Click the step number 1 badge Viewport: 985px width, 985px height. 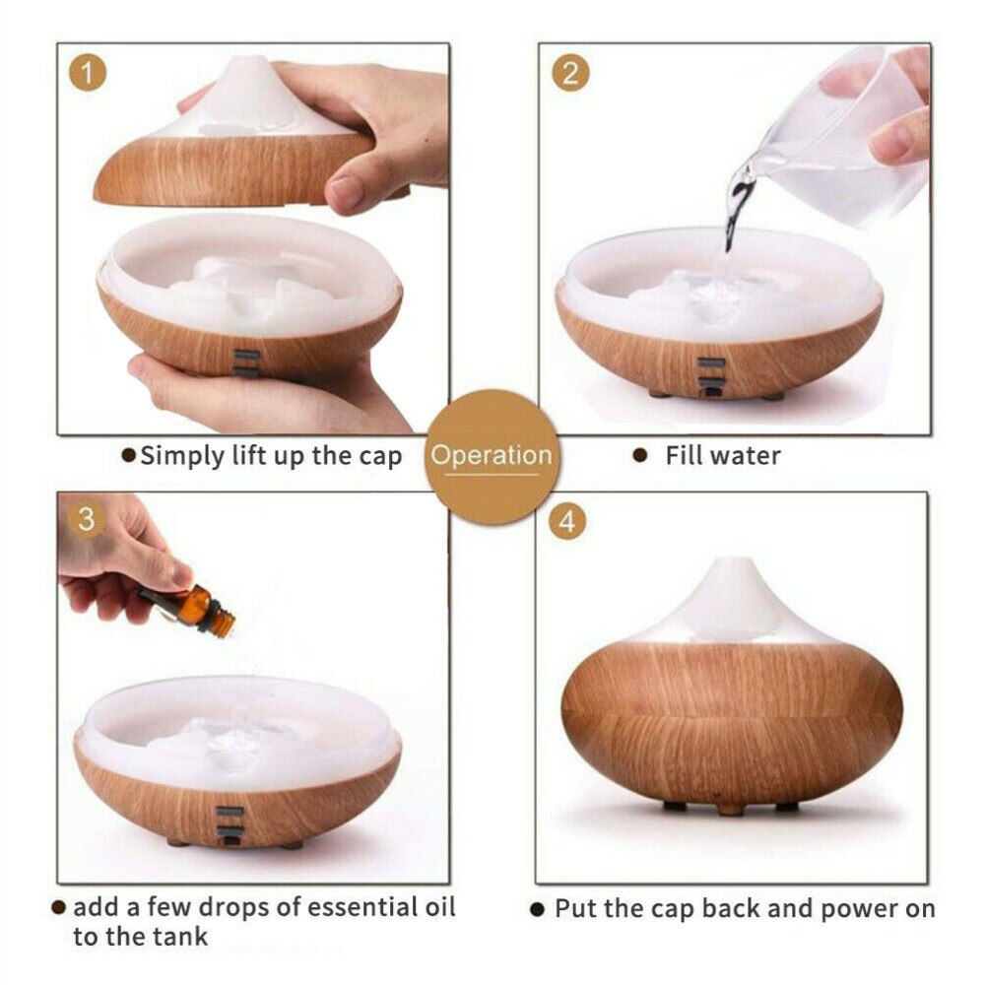88,73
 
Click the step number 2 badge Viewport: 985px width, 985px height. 570,73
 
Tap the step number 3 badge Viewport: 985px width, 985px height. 86,519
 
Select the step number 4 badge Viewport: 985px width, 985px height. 567,521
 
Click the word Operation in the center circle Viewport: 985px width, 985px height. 492,455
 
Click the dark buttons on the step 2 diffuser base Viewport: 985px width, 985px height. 711,377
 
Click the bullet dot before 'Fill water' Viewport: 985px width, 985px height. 640,455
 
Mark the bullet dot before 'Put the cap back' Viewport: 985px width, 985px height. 537,909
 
